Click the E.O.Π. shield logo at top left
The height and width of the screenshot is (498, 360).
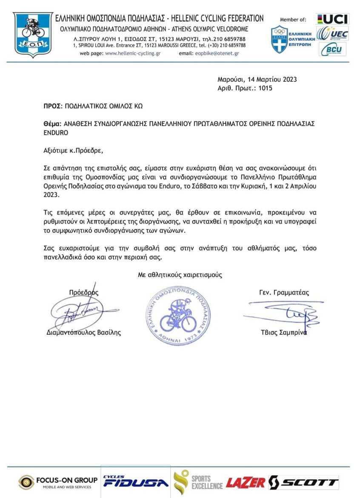33,34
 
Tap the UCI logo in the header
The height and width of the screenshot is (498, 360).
333,19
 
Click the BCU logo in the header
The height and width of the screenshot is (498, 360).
332,49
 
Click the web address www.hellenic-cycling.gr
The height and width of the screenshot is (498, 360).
132,54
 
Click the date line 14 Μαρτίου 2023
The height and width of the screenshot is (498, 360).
257,79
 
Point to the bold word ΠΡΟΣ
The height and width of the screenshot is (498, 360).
53,106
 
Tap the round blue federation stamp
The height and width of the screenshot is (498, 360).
178,315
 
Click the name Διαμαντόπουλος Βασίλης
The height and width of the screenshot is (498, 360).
83,333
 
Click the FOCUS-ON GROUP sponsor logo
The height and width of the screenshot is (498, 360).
58,482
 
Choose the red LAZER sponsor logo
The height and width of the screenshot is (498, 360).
246,483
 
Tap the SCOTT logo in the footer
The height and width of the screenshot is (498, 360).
304,483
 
